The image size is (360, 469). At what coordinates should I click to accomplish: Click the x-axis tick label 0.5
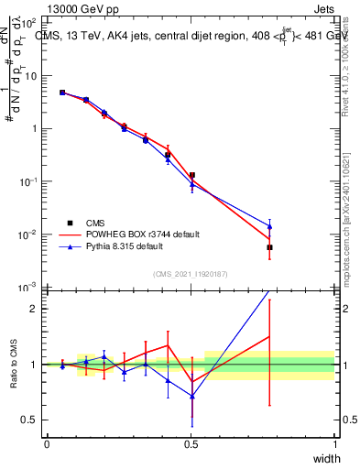pyautogui.click(x=191, y=443)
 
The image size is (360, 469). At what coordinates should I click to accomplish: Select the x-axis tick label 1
pyautogui.click(x=334, y=443)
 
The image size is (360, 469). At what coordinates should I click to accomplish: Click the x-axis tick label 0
pyautogui.click(x=47, y=443)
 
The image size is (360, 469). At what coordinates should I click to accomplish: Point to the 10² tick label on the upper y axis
pyautogui.click(x=30, y=22)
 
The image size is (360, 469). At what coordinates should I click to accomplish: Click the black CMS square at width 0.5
pyautogui.click(x=191, y=175)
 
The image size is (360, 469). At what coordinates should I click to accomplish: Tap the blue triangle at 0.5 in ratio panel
pyautogui.click(x=191, y=396)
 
